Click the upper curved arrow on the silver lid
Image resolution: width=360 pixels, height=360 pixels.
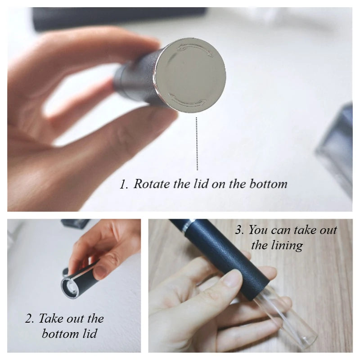195,47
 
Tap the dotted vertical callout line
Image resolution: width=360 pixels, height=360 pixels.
197,144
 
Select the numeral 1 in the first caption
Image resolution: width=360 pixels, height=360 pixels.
122,184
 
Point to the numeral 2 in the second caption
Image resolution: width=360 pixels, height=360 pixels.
29,319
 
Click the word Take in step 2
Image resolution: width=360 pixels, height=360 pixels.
50,318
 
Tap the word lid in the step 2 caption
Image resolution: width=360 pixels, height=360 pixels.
89,333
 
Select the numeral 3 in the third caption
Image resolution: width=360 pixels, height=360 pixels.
239,230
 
